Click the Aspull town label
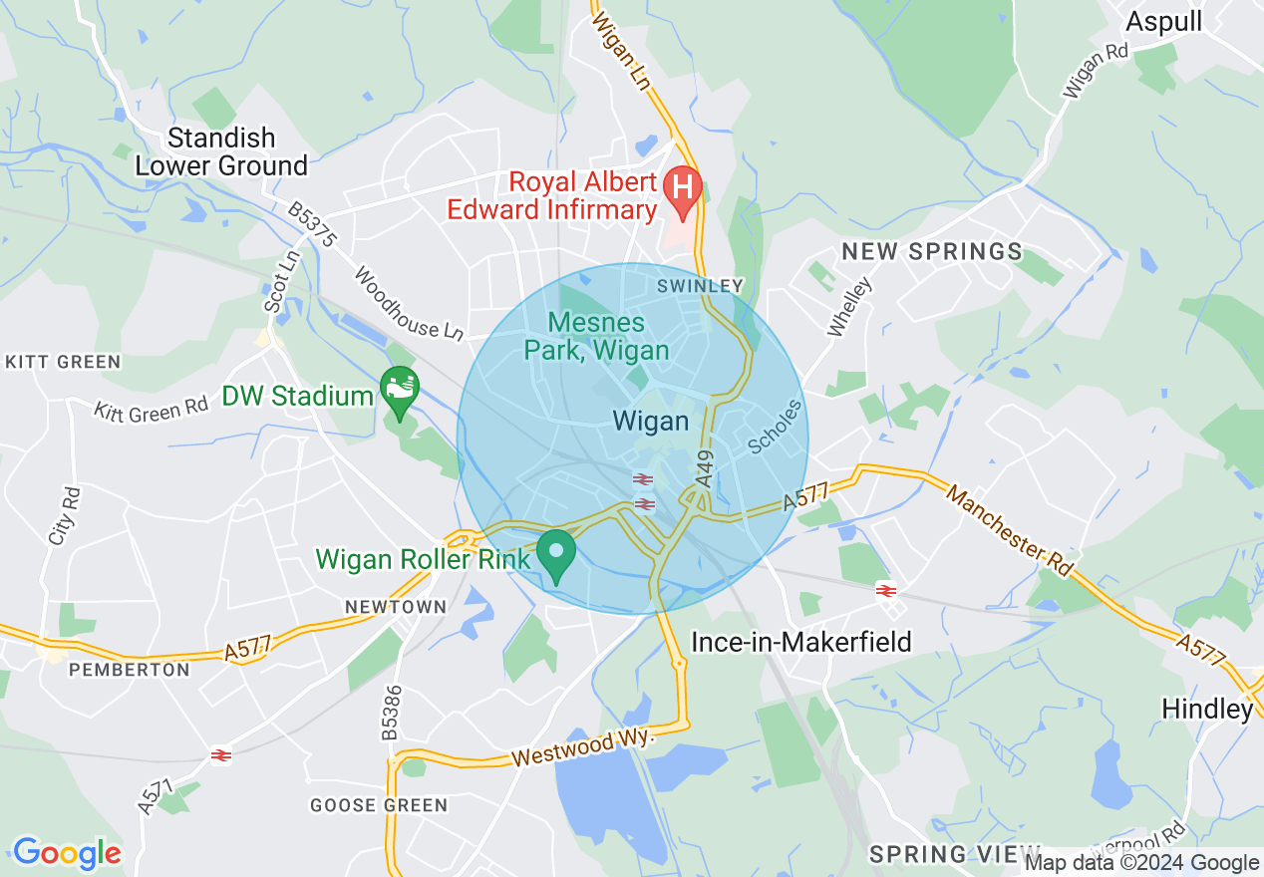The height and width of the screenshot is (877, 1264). tap(1164, 22)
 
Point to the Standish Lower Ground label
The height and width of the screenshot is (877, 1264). tap(221, 151)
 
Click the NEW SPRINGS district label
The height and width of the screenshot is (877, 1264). tap(932, 251)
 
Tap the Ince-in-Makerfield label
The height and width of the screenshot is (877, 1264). tap(801, 642)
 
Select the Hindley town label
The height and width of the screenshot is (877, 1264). tap(1206, 709)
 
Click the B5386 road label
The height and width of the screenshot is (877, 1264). tap(392, 713)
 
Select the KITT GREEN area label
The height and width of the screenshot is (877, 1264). tap(63, 362)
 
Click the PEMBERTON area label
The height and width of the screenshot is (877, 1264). tap(130, 670)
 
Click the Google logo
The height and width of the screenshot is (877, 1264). tap(67, 853)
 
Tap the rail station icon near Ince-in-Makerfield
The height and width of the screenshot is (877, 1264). tap(885, 590)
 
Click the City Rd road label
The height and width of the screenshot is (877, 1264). tap(63, 514)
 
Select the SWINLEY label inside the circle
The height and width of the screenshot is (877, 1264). tap(700, 286)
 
